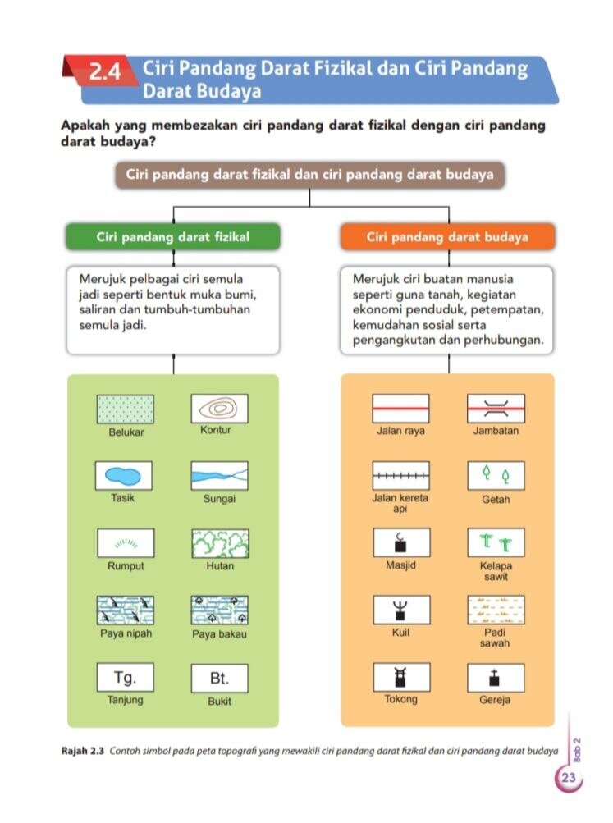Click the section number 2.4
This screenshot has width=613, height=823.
[105, 71]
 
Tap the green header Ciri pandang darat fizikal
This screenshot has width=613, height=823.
[172, 236]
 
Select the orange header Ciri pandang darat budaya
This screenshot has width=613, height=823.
[447, 236]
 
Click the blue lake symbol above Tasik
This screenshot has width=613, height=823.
[123, 476]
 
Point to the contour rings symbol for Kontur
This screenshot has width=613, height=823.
[219, 409]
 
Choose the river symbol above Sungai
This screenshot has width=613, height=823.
[219, 476]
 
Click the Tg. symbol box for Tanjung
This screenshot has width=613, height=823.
[125, 677]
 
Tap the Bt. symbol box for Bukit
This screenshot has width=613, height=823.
[219, 678]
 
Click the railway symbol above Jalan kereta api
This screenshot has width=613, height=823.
[401, 476]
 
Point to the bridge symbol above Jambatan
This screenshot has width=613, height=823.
[496, 409]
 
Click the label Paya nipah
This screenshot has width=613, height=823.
[126, 633]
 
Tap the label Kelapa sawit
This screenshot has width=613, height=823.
[496, 571]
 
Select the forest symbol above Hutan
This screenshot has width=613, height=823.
[220, 543]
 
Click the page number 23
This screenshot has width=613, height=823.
[569, 777]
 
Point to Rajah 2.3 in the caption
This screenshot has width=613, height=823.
[83, 751]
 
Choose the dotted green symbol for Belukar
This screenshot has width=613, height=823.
[126, 409]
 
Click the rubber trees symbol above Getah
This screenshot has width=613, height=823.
[496, 476]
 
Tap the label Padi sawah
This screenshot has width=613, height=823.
[495, 638]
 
